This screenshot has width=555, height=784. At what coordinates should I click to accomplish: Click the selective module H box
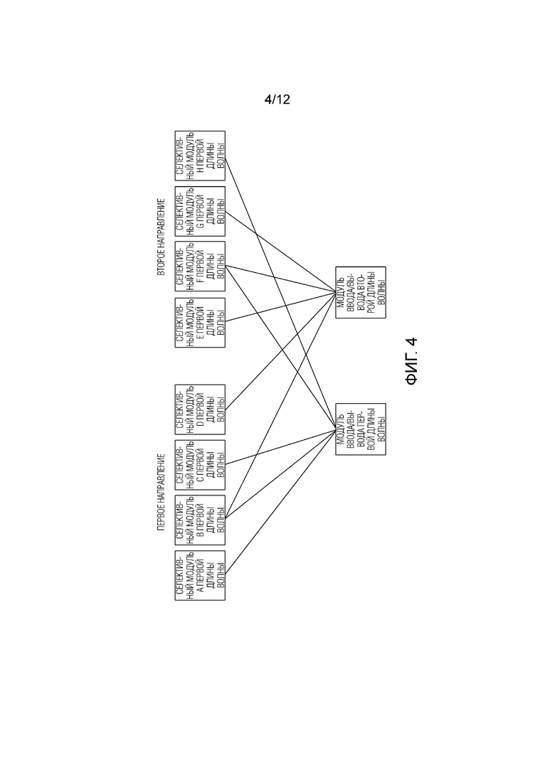200,156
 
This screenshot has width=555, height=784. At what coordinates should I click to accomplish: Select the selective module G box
200,211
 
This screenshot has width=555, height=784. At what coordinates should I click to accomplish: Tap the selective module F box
200,266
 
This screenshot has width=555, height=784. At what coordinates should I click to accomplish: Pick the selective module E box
200,323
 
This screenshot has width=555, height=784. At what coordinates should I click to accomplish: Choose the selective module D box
200,409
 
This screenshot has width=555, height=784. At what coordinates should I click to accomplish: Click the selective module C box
200,465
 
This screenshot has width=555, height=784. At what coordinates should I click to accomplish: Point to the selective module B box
200,520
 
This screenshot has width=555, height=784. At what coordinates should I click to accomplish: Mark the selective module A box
200,576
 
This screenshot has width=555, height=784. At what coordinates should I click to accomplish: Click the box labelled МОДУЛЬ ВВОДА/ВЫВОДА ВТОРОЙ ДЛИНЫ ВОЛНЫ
361,293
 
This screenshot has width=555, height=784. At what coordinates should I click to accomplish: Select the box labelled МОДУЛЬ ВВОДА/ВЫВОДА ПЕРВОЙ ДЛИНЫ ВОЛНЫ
361,429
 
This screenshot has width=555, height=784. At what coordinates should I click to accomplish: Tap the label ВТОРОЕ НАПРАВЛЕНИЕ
161,237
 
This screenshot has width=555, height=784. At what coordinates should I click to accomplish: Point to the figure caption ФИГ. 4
411,362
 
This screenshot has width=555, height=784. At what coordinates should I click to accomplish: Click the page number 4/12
277,100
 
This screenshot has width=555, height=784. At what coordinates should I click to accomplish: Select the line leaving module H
280,294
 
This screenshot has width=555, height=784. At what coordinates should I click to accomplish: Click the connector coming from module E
280,307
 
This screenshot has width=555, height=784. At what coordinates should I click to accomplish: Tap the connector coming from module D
280,351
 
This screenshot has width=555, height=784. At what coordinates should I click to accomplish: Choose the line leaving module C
280,447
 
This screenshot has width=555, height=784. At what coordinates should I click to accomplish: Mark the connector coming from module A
280,502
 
